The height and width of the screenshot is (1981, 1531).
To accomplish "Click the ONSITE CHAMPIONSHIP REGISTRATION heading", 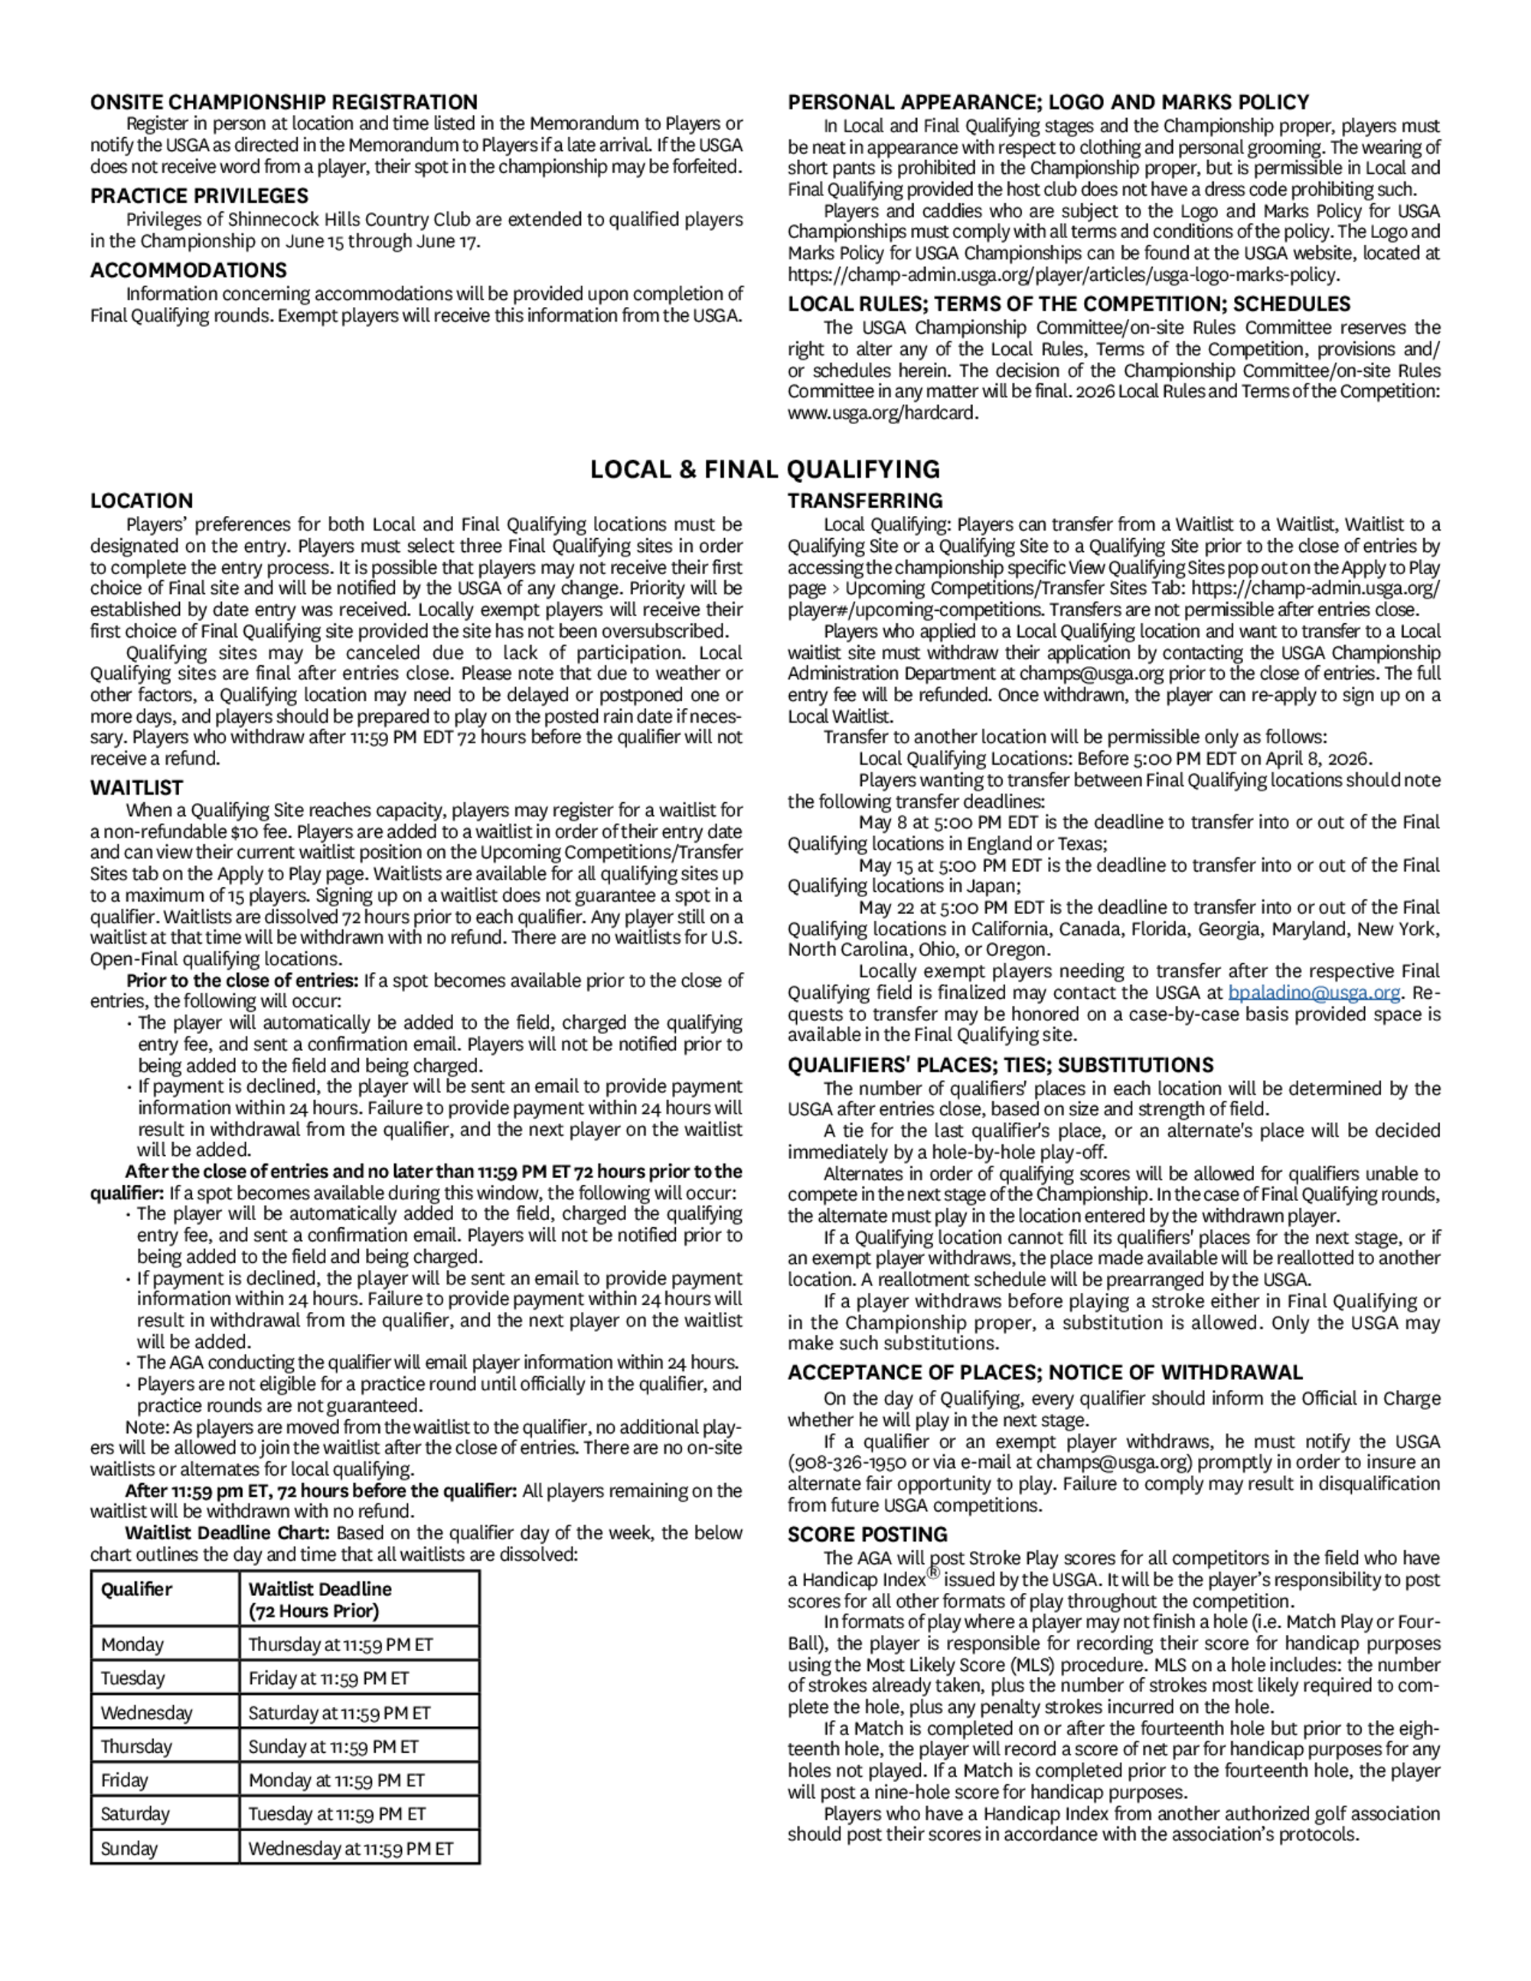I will tap(283, 102).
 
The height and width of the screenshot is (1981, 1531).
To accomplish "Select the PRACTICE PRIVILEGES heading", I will tap(198, 196).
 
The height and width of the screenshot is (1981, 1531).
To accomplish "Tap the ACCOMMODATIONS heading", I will tap(188, 270).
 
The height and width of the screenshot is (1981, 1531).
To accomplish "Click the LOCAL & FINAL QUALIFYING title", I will tap(765, 469).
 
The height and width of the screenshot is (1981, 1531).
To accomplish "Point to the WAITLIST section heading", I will tap(136, 788).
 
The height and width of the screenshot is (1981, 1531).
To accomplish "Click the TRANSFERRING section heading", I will tap(864, 501).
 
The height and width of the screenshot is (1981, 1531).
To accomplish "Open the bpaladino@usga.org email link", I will tap(1314, 992).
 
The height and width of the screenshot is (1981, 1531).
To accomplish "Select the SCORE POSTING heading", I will tap(867, 1534).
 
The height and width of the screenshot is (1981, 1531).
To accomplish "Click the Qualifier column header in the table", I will tap(136, 1589).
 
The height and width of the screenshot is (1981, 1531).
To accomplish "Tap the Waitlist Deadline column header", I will tap(319, 1599).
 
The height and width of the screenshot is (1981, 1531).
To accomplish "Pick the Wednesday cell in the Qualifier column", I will tap(146, 1712).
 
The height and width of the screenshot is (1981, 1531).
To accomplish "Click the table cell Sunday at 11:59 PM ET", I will tap(333, 1746).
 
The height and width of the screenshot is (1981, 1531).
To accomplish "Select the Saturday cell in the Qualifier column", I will tap(135, 1814).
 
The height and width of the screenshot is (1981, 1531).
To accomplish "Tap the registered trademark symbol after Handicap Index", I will tap(933, 1574).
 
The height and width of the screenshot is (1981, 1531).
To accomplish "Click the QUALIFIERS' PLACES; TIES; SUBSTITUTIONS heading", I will tap(1000, 1065).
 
